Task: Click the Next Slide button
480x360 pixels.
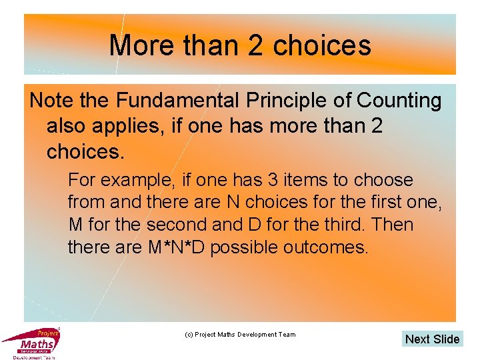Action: pos(432,339)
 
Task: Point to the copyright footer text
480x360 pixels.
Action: pos(239,334)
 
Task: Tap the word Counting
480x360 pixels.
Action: pos(399,101)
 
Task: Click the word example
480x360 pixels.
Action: pos(135,180)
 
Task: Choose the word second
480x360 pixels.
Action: pos(179,225)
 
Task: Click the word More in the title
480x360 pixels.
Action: pos(137,45)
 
